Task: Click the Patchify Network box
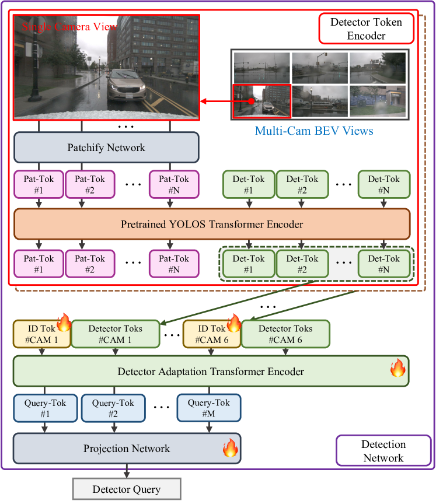[x=106, y=148]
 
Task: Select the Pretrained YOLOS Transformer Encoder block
[x=212, y=224]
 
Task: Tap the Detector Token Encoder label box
[x=366, y=29]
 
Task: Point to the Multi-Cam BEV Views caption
[x=314, y=131]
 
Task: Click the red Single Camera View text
[x=65, y=26]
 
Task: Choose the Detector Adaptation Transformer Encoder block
[x=211, y=371]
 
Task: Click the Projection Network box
[x=127, y=449]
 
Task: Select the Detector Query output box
[x=126, y=489]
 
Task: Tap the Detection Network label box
[x=383, y=451]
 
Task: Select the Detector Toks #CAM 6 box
[x=285, y=334]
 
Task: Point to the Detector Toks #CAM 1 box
[x=115, y=334]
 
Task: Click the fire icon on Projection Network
[x=231, y=448]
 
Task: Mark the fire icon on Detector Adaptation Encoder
[x=397, y=367]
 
